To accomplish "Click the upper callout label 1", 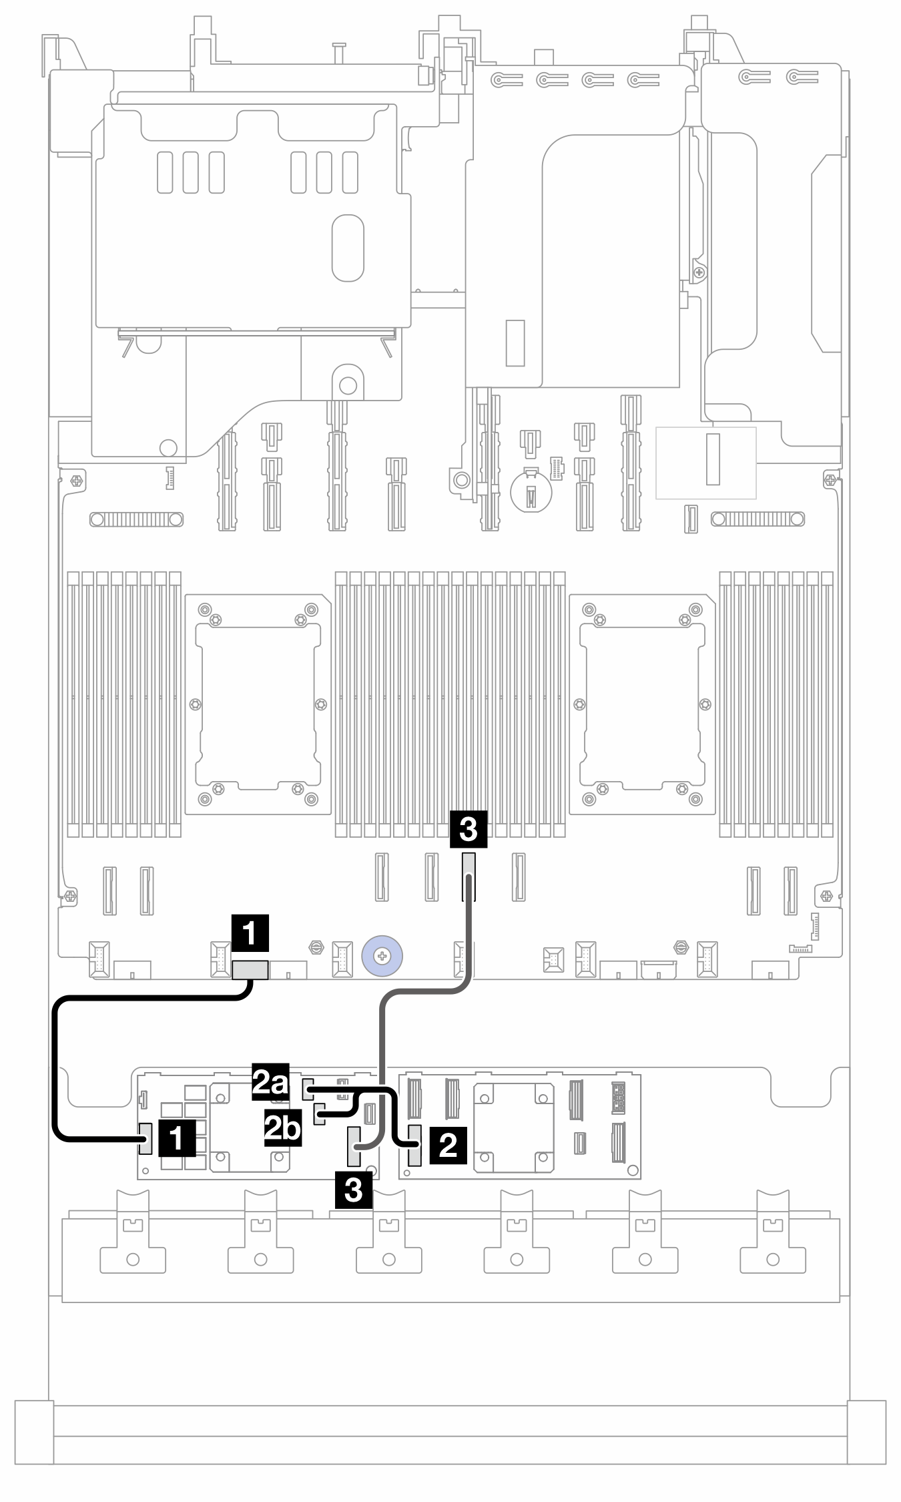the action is click(x=251, y=933).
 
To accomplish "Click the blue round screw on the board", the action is click(x=382, y=956).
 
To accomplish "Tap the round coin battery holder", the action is click(x=531, y=492).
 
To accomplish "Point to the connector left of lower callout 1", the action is click(x=145, y=1138).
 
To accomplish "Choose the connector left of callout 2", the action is click(x=414, y=1145).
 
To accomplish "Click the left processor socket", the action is click(x=258, y=704).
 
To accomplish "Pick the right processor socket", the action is click(x=642, y=704).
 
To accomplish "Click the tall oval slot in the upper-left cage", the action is click(x=348, y=248).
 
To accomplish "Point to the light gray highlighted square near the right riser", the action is click(x=706, y=463).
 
